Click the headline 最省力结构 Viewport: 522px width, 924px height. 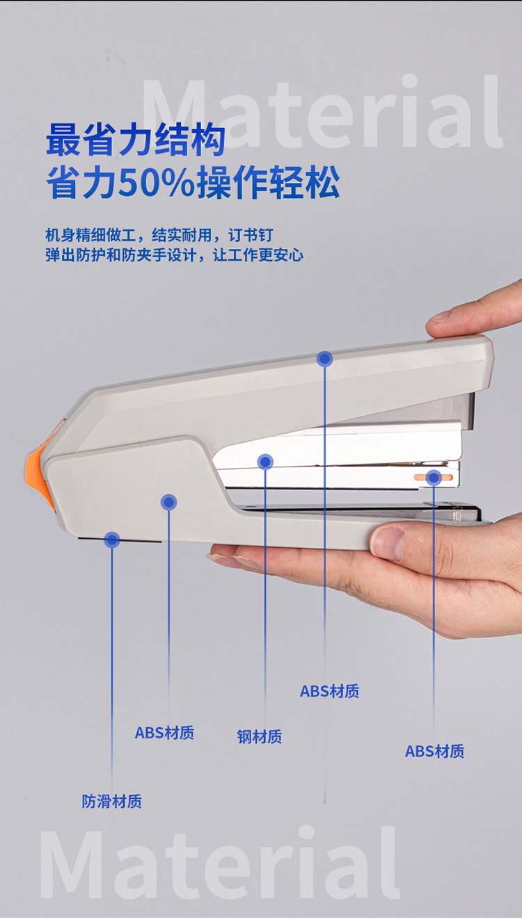coord(136,140)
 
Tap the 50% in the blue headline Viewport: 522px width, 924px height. coord(157,182)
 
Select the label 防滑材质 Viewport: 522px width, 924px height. coord(111,801)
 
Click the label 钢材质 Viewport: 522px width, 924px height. coord(260,736)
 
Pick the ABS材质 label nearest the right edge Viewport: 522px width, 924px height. coord(434,751)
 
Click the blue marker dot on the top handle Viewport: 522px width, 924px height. coord(324,359)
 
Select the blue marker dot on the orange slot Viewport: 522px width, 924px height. coord(434,478)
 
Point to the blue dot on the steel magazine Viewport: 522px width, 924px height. coord(265,462)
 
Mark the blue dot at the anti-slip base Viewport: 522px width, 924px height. coord(111,540)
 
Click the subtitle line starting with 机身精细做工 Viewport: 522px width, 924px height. coord(159,235)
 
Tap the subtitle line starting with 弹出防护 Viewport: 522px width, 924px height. coord(174,255)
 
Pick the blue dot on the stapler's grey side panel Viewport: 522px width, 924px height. coord(168,502)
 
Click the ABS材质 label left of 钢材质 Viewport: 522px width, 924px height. coord(164,733)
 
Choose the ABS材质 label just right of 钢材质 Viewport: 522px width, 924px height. coord(329,691)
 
